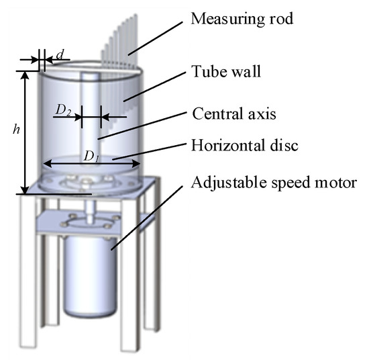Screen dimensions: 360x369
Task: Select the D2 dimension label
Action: tap(64, 111)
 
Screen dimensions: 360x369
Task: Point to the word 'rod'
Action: tap(282, 17)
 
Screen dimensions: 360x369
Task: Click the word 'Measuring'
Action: tap(224, 18)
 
